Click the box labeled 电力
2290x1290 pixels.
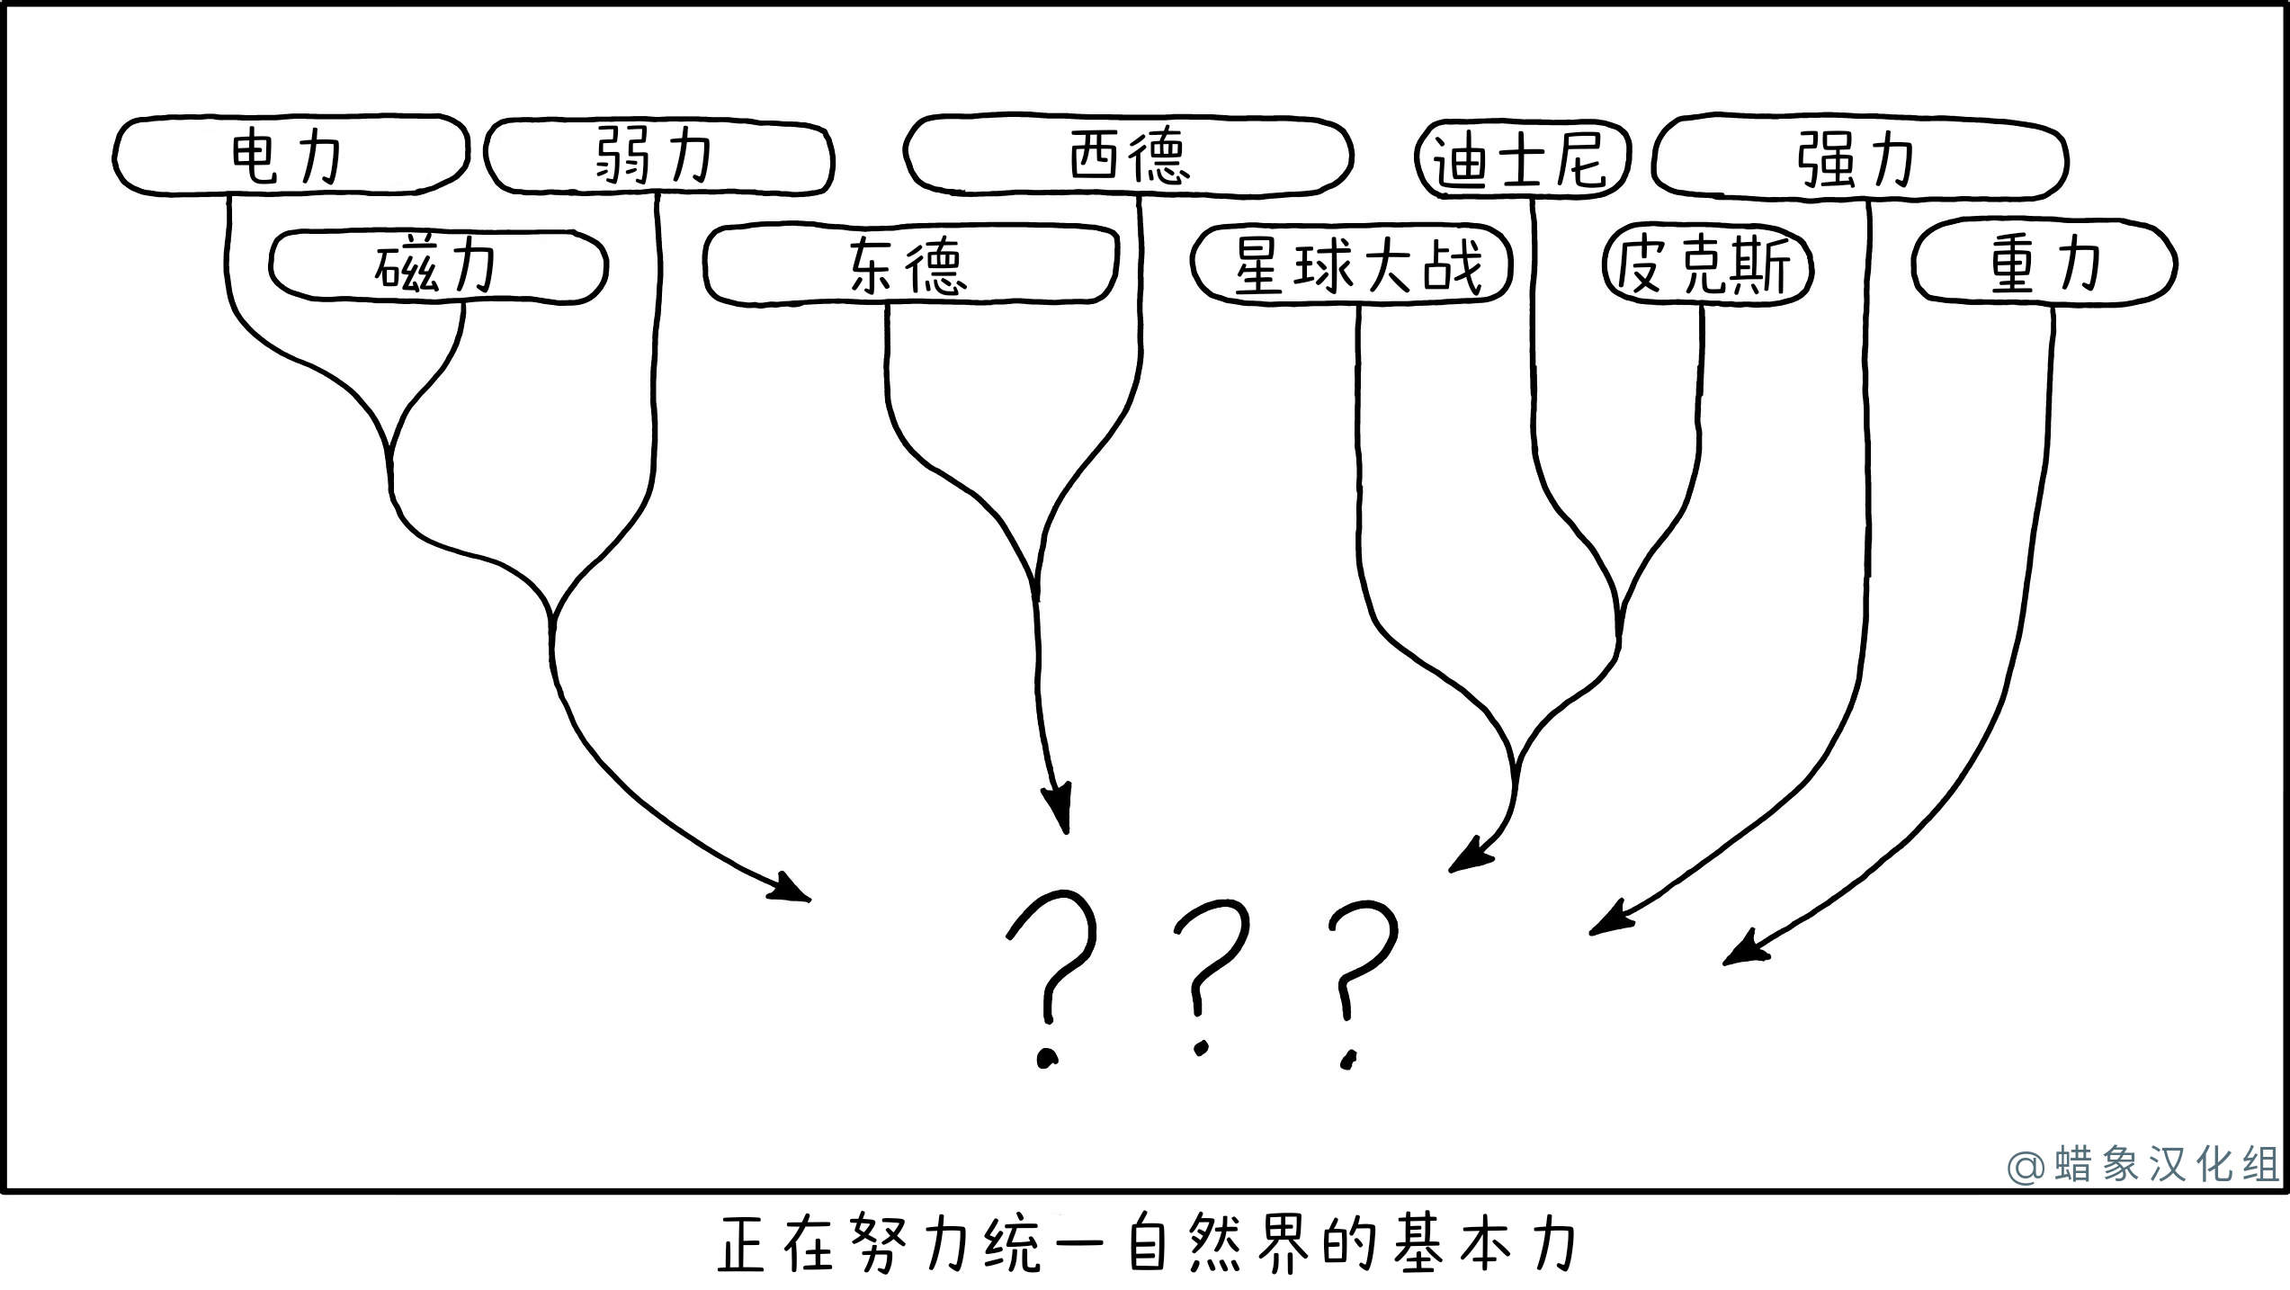point(290,155)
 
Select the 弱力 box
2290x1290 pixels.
point(658,157)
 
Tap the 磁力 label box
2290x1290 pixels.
point(438,266)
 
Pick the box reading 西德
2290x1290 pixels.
point(1128,156)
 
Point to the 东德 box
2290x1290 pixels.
point(910,266)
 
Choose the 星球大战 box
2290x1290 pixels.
point(1352,266)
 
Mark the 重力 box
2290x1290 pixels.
point(2044,265)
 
